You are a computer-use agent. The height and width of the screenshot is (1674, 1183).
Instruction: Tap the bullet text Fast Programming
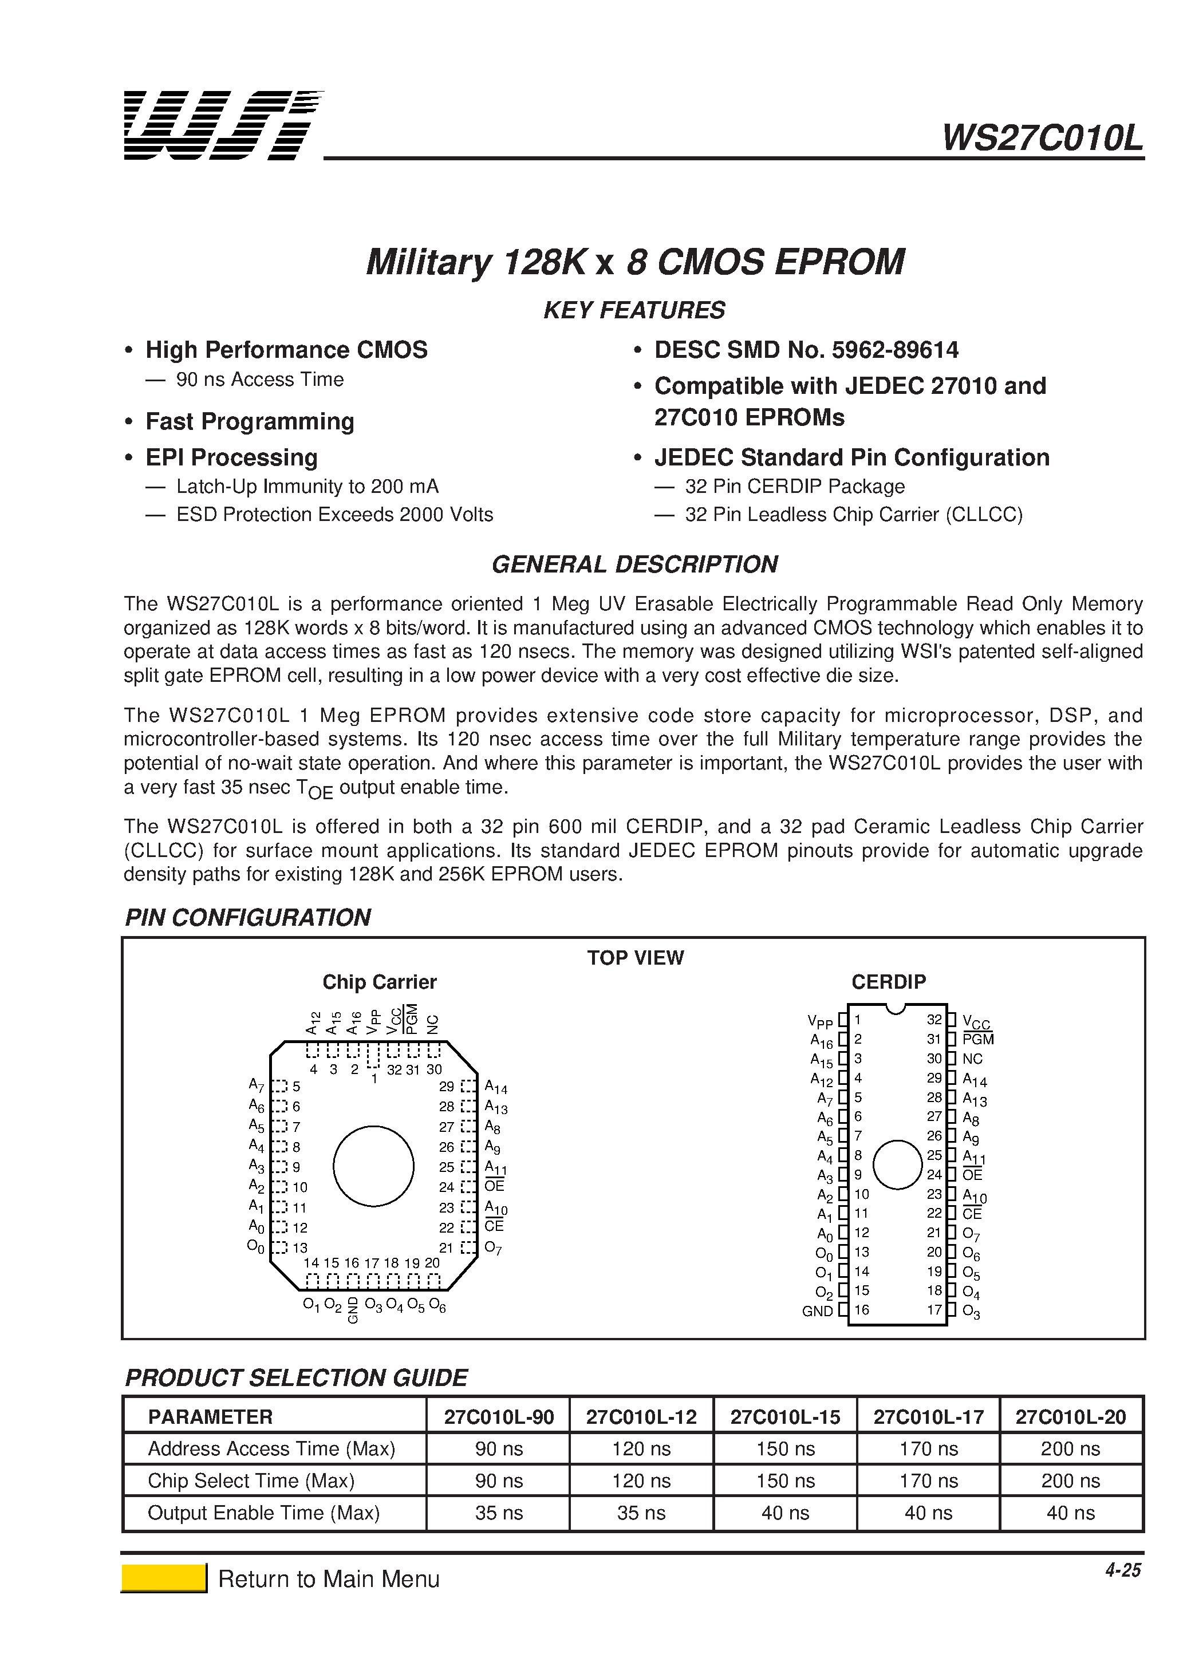(250, 421)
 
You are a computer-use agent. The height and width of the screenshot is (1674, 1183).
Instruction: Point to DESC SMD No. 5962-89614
(806, 350)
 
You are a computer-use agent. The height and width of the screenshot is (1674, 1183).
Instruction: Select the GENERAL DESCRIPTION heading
(634, 564)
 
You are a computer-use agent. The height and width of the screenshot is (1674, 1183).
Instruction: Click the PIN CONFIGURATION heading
(248, 917)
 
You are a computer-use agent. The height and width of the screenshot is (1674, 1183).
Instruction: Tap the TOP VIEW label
(635, 957)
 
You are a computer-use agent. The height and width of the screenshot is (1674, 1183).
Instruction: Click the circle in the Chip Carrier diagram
(373, 1166)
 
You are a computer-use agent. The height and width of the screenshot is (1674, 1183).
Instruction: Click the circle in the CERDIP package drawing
(897, 1164)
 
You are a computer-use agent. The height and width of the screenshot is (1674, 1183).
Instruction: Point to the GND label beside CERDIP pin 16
(817, 1311)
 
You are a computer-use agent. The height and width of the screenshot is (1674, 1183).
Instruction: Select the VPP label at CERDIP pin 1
(820, 1021)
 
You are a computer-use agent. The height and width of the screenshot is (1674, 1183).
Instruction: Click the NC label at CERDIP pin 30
(972, 1059)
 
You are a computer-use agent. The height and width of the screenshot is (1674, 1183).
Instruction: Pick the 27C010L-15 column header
(785, 1416)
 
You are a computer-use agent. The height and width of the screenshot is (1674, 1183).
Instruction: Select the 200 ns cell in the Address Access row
(1070, 1448)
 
